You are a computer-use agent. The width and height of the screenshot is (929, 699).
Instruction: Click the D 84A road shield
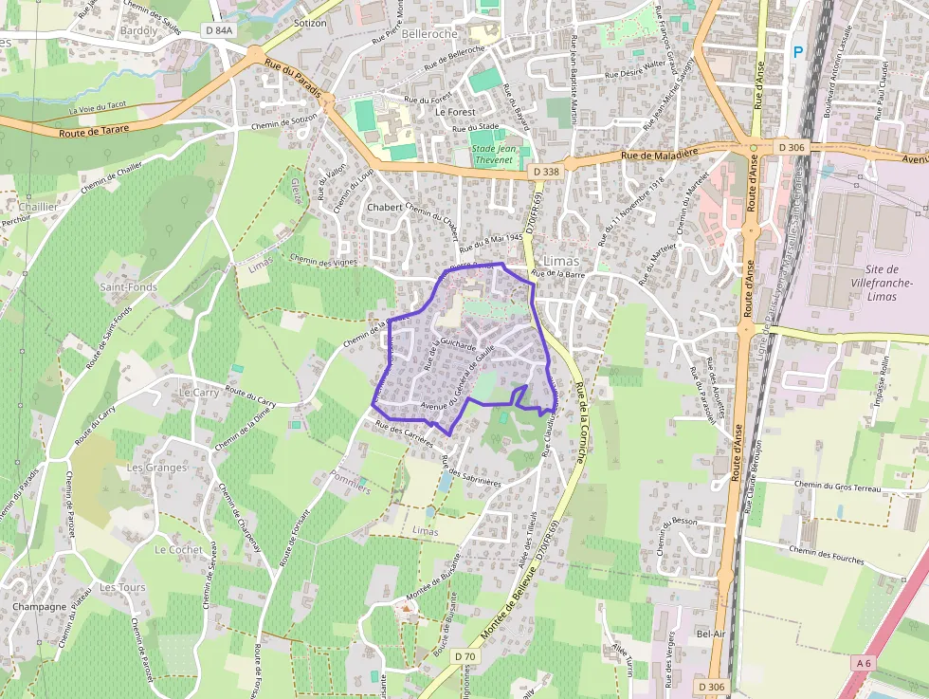click(x=218, y=30)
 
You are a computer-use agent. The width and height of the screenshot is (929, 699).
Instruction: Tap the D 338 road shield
click(x=546, y=171)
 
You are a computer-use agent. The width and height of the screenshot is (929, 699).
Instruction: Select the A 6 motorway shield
click(x=863, y=663)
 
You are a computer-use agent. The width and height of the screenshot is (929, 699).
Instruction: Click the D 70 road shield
click(x=464, y=656)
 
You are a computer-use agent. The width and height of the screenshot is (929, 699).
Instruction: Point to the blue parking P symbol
click(x=798, y=53)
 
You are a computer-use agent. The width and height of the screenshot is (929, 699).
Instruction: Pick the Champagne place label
click(x=40, y=607)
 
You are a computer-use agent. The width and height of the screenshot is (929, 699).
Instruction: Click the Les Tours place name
click(x=121, y=588)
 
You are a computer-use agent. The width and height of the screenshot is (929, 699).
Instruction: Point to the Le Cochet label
click(x=178, y=549)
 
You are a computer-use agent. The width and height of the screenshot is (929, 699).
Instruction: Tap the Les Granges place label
click(x=156, y=468)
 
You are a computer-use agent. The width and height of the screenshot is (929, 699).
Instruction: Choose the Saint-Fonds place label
click(x=129, y=286)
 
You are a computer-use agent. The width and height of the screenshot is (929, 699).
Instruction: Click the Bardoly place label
click(x=139, y=30)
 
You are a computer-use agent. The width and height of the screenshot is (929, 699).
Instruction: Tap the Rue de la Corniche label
click(x=579, y=422)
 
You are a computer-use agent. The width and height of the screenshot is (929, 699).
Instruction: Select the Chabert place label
click(x=385, y=207)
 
